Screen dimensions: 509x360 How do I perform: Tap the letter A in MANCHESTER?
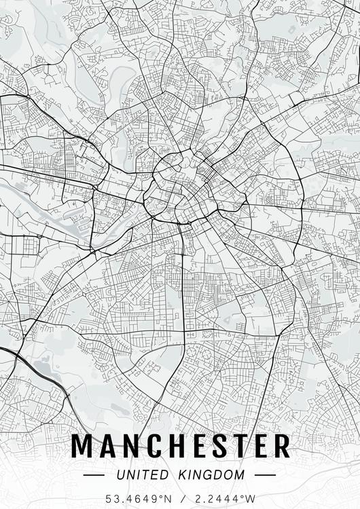(109, 447)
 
